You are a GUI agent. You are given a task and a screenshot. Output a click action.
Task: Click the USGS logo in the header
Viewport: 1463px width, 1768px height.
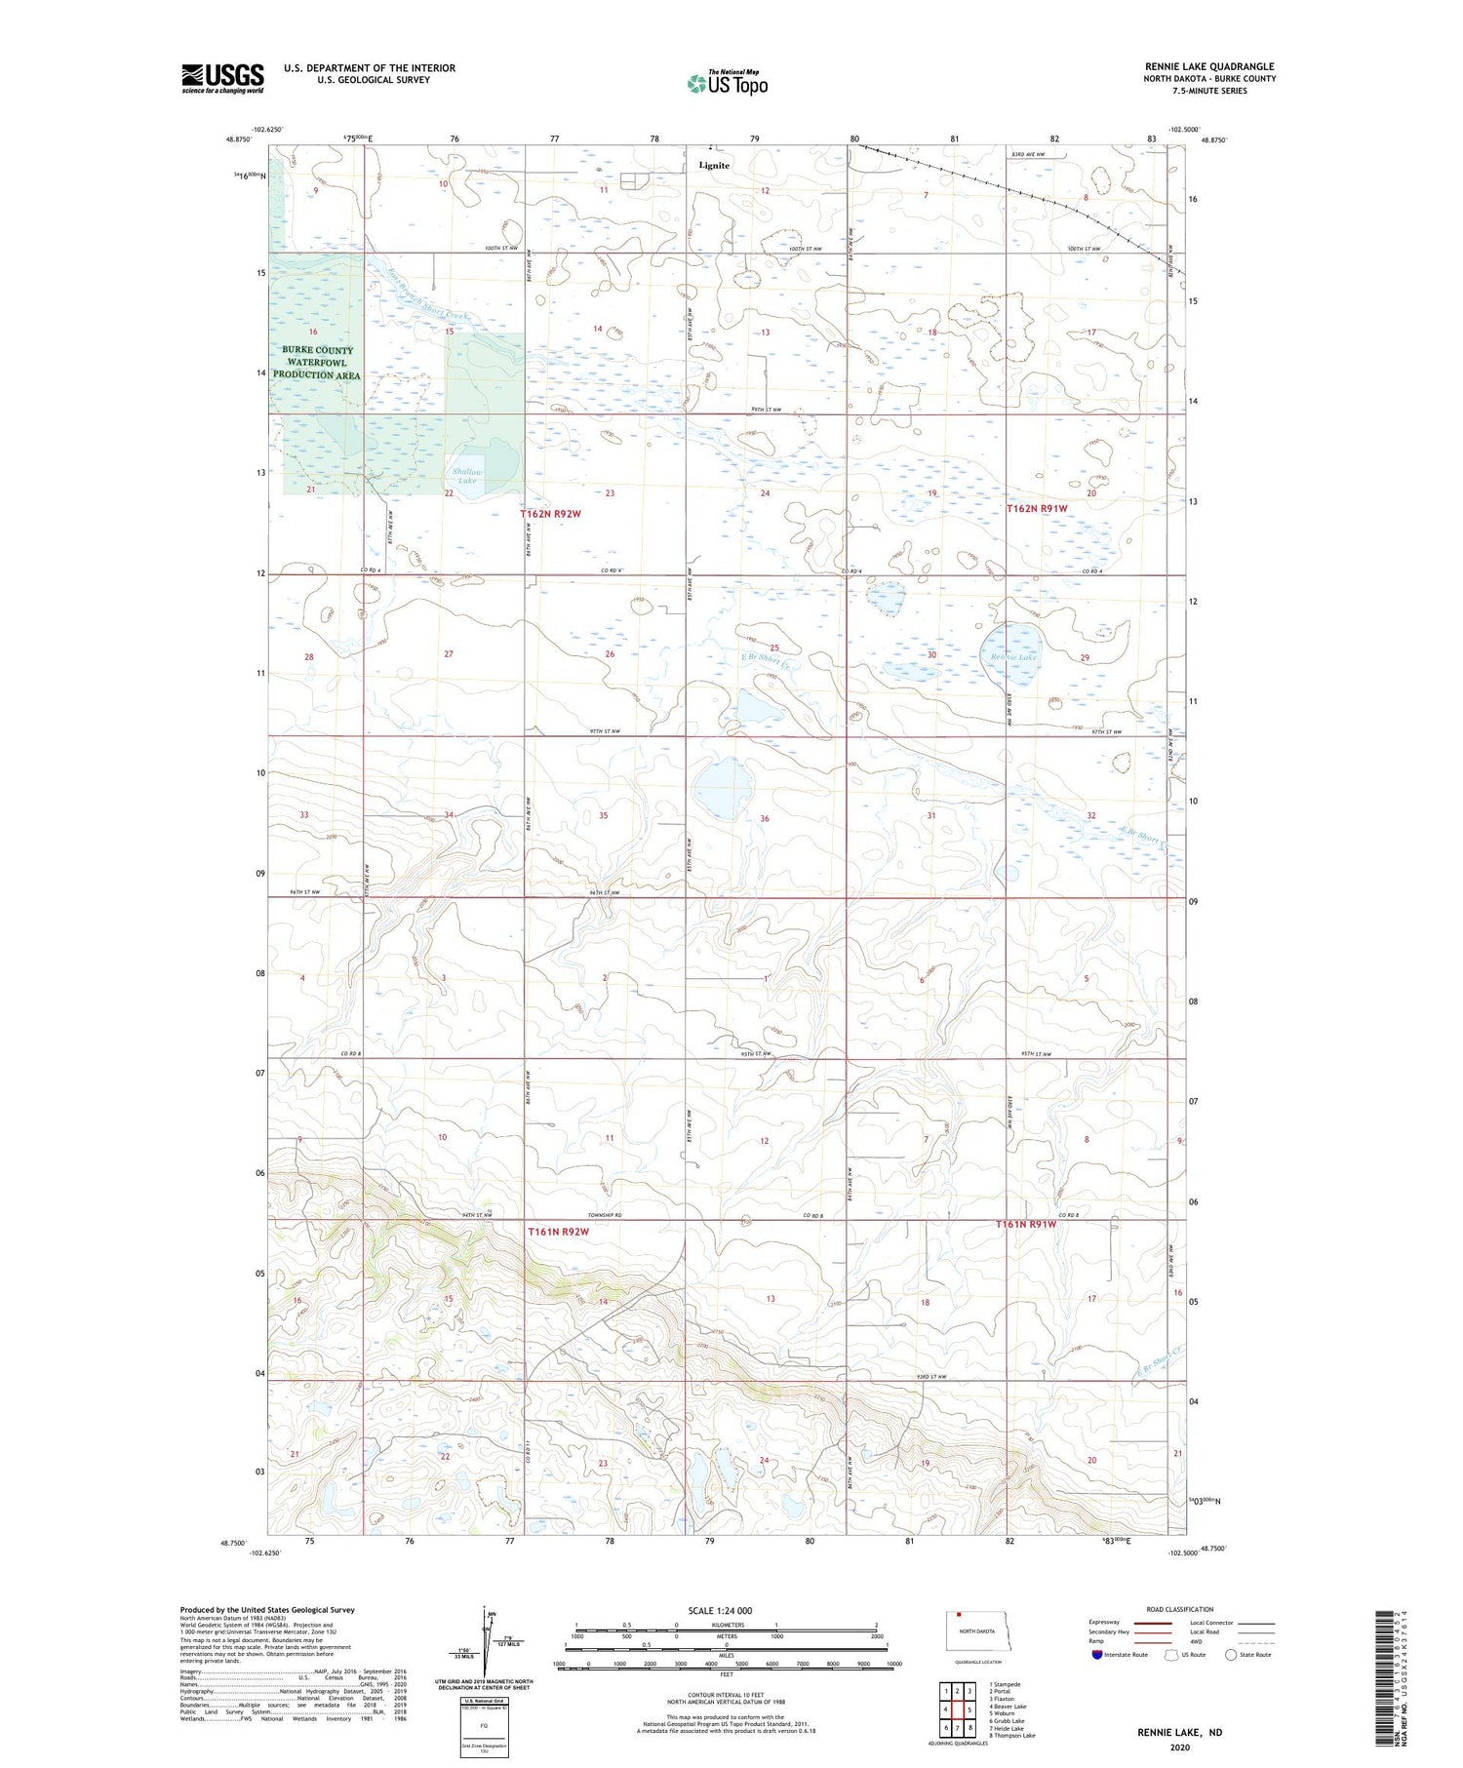[x=222, y=78]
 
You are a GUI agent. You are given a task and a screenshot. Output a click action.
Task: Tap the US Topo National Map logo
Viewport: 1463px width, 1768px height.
[x=727, y=83]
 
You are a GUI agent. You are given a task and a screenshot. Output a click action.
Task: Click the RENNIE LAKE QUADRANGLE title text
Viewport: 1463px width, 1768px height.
[x=1209, y=66]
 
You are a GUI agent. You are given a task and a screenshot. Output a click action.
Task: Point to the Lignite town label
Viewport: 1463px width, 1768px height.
[x=714, y=165]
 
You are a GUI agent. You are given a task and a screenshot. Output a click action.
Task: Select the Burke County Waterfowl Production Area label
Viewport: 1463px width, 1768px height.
[x=317, y=363]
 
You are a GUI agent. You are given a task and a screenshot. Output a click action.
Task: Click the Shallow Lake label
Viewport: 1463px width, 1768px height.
[x=466, y=477]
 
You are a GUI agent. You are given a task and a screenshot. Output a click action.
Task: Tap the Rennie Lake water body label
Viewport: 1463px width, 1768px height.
[x=1013, y=657]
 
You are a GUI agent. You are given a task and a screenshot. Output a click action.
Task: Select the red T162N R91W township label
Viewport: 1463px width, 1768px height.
[x=1037, y=509]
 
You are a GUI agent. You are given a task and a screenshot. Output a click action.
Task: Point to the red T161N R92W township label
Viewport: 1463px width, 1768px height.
[x=559, y=1232]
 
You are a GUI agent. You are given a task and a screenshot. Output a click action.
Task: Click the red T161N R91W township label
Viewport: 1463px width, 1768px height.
[x=1025, y=1224]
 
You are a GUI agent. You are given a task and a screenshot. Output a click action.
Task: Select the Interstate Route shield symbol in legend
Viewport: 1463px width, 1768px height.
[x=1097, y=1654]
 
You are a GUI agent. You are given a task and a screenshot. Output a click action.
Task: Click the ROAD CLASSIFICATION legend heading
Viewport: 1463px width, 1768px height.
[x=1180, y=1609]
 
